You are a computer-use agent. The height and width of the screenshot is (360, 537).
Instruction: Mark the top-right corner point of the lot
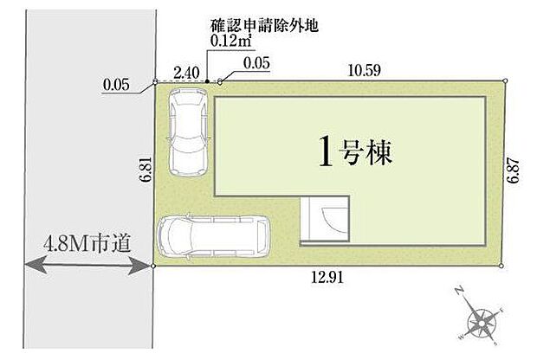pyautogui.click(x=506, y=80)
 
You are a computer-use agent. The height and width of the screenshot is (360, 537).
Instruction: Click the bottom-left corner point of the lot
pyautogui.click(x=155, y=265)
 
